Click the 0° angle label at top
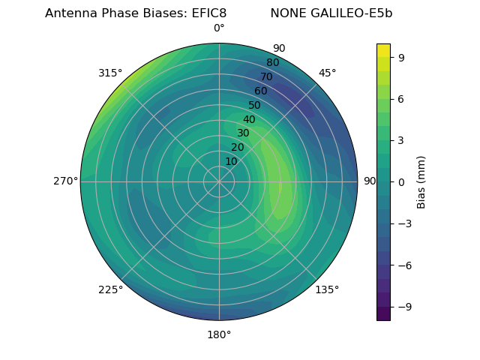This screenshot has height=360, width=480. [219, 28]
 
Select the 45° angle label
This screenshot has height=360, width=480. [328, 73]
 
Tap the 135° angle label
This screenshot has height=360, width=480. [327, 289]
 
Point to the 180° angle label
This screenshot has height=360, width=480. [219, 334]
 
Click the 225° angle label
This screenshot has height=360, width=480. [110, 290]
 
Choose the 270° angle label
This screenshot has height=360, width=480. [65, 181]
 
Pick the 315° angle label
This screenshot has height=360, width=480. [110, 73]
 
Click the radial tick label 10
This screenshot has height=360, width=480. [231, 161]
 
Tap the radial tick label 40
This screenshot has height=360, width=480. [249, 119]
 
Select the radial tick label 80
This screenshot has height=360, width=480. [273, 63]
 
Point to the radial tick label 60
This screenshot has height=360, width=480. [261, 91]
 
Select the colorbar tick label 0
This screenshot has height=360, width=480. [402, 181]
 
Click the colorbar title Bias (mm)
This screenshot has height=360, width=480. [421, 181]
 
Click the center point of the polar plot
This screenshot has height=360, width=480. [219, 181]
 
